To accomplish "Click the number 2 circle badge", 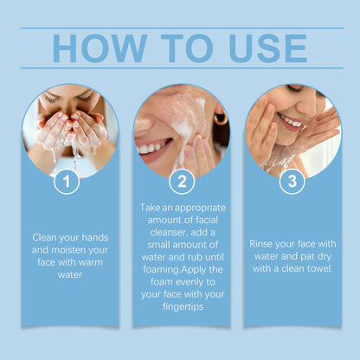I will click(181, 183).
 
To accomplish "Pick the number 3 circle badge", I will click(292, 183).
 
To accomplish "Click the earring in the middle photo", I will click(220, 115).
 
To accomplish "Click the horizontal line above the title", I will click(180, 28).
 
